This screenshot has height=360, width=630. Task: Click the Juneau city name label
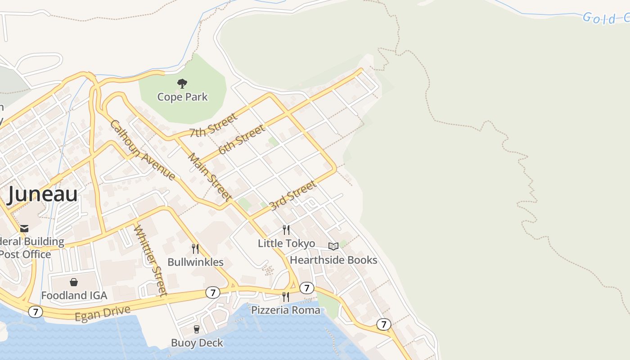[x=43, y=194]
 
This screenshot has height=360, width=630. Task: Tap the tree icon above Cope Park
[x=182, y=83]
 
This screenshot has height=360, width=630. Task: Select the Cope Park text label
[x=182, y=97]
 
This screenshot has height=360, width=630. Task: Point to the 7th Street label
[x=213, y=126]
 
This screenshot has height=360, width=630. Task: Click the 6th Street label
[x=242, y=139]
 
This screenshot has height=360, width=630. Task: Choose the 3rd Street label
[x=292, y=195]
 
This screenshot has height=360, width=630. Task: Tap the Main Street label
[x=210, y=177]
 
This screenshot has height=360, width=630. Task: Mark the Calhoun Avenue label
[x=142, y=150]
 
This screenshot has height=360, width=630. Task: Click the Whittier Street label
[x=150, y=260]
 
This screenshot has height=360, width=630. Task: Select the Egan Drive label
[x=103, y=313]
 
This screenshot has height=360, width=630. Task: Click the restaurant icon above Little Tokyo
[x=286, y=230]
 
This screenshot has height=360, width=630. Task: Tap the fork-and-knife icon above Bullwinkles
[x=195, y=249]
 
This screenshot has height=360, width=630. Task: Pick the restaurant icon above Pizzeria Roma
[x=285, y=297]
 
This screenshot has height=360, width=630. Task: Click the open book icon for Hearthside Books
[x=333, y=246]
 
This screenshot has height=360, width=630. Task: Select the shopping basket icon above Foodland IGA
[x=74, y=282]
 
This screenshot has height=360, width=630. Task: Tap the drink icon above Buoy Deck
[x=197, y=329]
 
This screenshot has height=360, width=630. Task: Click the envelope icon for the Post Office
[x=24, y=229]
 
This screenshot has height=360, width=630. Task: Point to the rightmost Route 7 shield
[x=383, y=324]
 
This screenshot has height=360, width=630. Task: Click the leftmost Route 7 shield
[x=36, y=311]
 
